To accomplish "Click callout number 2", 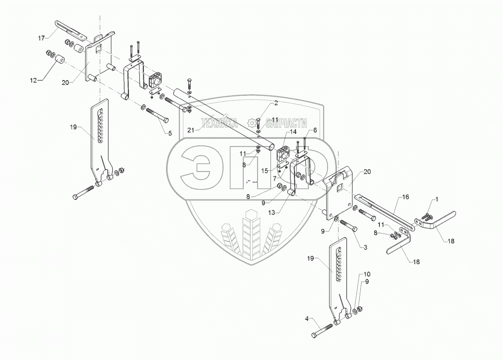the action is tap(276, 103).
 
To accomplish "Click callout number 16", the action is tap(405, 197).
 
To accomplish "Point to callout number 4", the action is tap(307, 320).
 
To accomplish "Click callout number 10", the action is tap(366, 274).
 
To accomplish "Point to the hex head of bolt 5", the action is tap(166, 120).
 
